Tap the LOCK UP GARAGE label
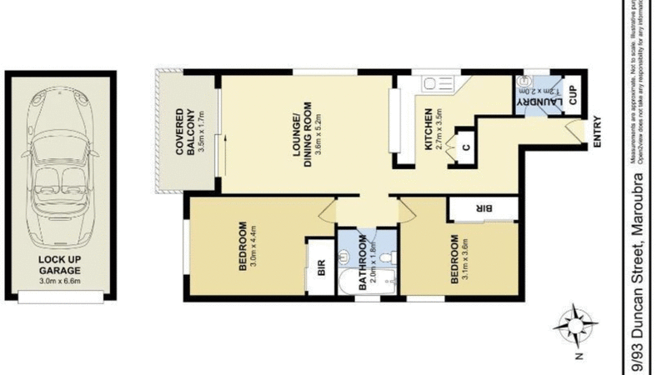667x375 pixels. (58, 265)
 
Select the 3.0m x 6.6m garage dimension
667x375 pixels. (58, 282)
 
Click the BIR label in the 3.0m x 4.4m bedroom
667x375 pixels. (318, 268)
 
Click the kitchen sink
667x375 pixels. (437, 83)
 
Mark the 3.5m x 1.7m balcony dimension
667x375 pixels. (201, 133)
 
